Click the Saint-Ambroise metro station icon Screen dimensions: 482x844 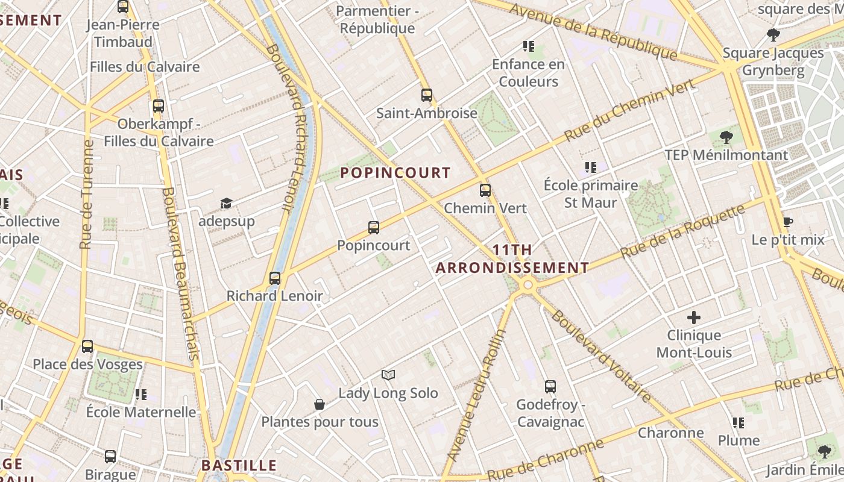click(x=427, y=95)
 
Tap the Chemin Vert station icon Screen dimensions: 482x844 click(x=485, y=190)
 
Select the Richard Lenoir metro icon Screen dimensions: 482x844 click(x=275, y=278)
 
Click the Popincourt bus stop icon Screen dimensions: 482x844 click(x=374, y=228)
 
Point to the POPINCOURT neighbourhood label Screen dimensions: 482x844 click(x=395, y=173)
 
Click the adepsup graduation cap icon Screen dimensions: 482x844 click(x=226, y=204)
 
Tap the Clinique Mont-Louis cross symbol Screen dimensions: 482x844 click(x=694, y=318)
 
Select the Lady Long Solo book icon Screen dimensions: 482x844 click(x=388, y=375)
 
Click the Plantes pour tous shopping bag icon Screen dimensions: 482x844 click(x=320, y=404)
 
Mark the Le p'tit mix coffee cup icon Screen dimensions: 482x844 click(x=787, y=222)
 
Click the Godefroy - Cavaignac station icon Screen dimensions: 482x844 click(x=550, y=387)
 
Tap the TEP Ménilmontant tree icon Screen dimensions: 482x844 click(x=726, y=137)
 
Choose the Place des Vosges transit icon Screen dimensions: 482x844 click(x=87, y=346)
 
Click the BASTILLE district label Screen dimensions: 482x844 click(x=239, y=465)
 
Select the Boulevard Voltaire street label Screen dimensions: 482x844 click(x=601, y=355)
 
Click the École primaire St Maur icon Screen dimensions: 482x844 click(x=591, y=167)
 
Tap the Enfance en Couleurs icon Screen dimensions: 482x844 click(x=529, y=46)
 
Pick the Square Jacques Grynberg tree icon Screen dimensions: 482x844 click(x=773, y=35)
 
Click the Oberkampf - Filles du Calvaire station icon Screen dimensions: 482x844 click(x=159, y=106)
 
